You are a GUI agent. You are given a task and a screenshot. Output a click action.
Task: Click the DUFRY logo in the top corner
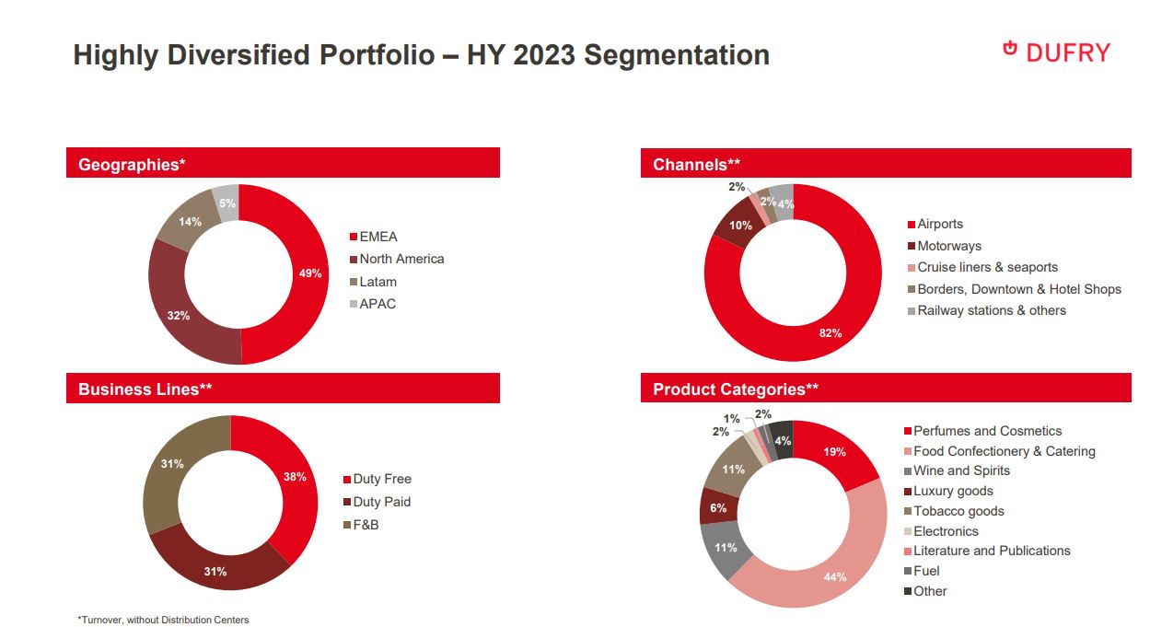1056,52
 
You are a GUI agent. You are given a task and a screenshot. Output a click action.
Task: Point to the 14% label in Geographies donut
191,222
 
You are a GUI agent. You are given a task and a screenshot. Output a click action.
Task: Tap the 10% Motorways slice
738,226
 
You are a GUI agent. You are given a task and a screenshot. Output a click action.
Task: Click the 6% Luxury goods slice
718,507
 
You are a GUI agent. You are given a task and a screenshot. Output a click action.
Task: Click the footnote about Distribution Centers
163,620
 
